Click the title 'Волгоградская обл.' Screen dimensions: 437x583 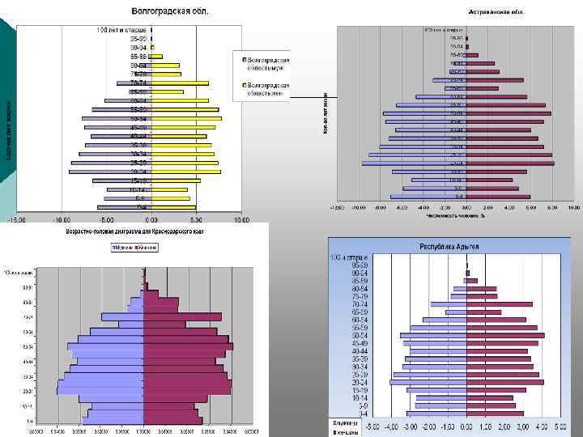[x=170, y=11]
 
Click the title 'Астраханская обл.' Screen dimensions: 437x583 [x=496, y=12]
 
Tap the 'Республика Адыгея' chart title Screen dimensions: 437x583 [x=448, y=245]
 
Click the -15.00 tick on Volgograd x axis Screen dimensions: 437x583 [x=17, y=219]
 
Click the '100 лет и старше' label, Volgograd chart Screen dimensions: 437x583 [x=121, y=30]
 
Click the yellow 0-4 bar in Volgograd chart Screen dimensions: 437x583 [x=173, y=207]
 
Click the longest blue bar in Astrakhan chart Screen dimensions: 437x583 [x=414, y=163]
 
